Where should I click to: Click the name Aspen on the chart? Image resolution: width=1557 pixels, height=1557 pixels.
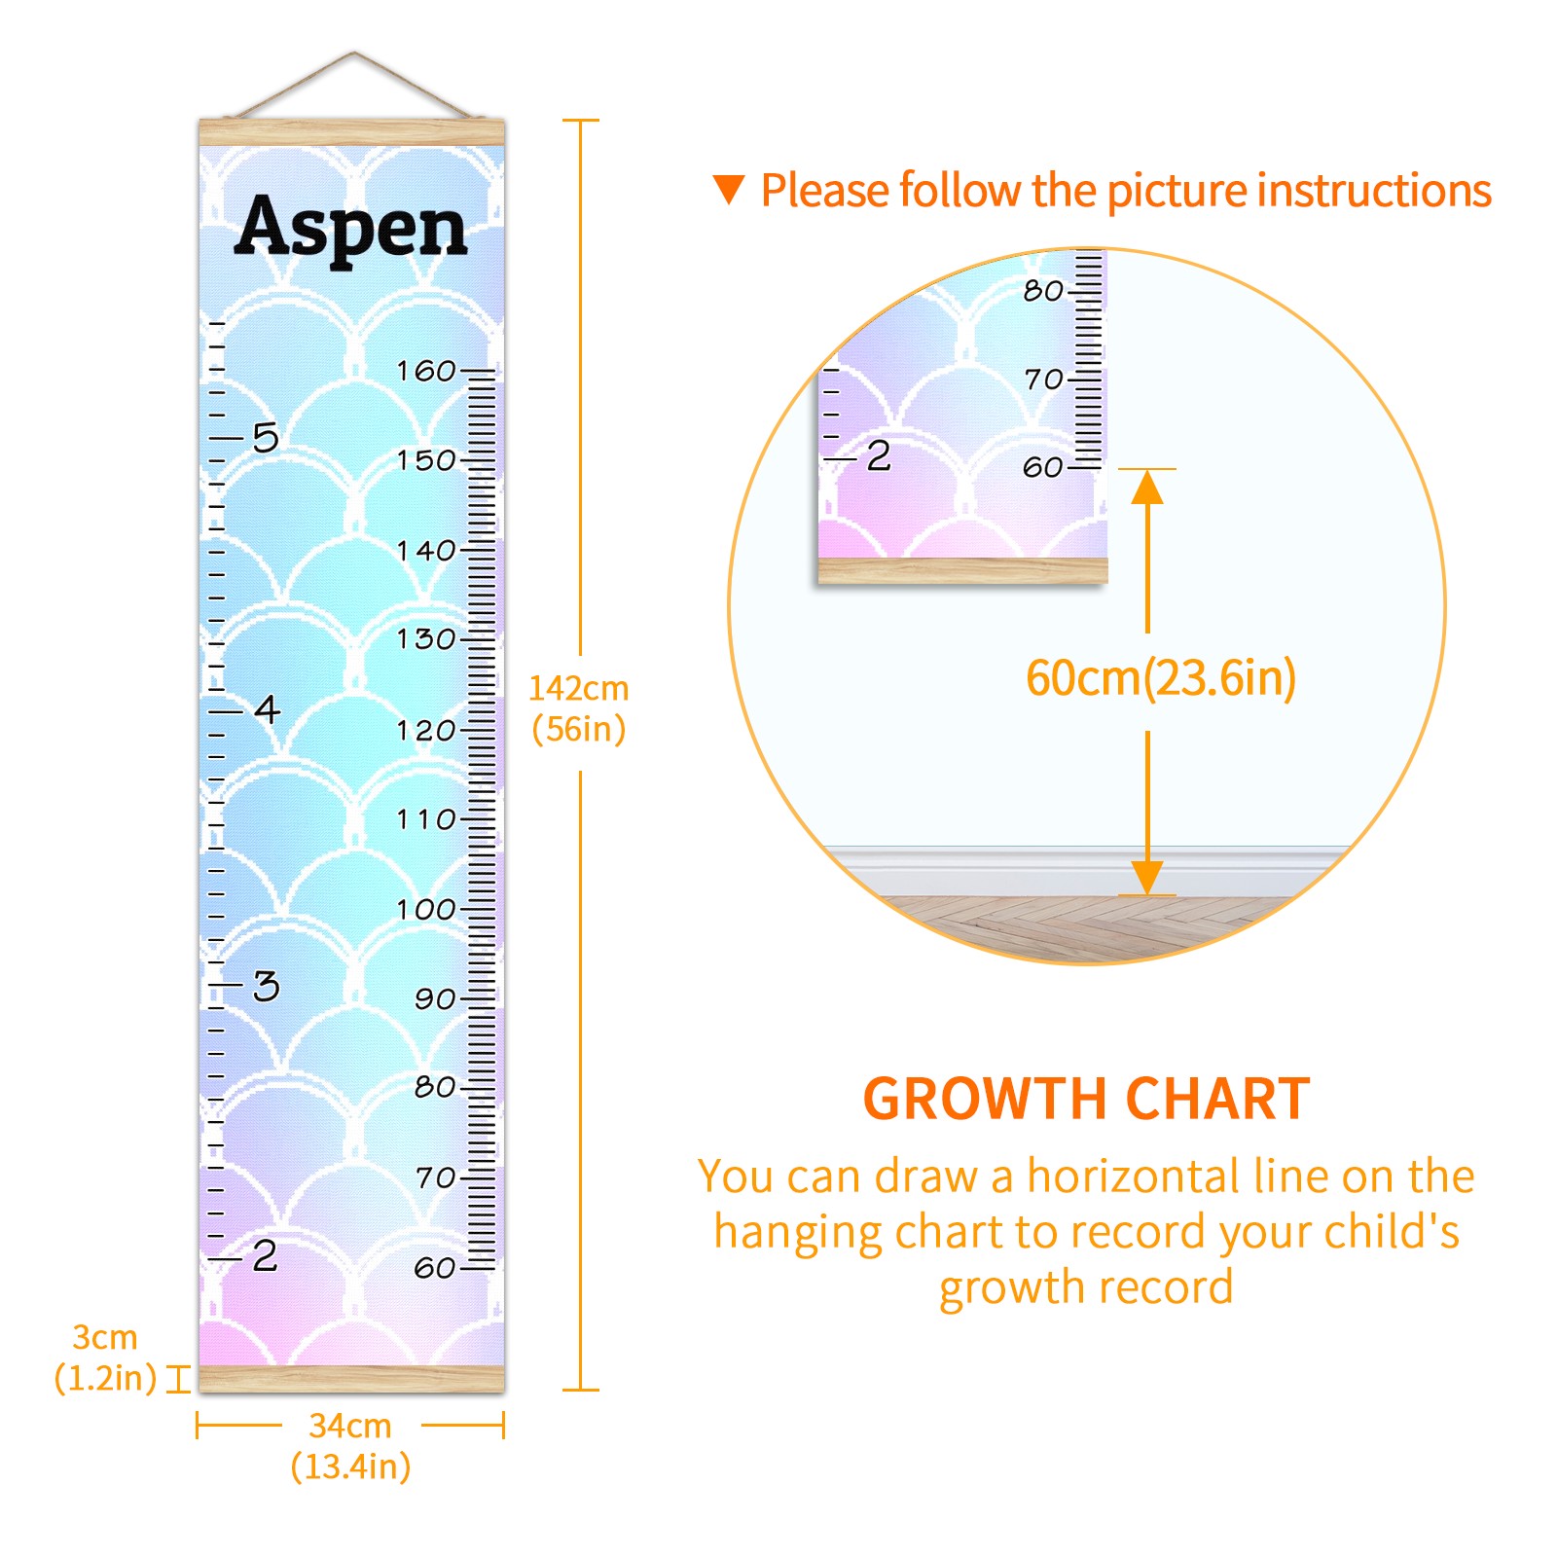tap(351, 228)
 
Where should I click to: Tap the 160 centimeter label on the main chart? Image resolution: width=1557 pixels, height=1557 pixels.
tap(426, 371)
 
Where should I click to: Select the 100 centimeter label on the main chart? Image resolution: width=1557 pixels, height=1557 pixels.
tap(426, 910)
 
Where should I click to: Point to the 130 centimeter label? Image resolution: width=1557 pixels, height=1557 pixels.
tap(426, 639)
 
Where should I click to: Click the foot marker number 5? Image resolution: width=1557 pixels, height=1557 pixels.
tap(266, 437)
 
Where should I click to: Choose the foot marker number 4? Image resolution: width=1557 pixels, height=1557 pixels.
tap(267, 708)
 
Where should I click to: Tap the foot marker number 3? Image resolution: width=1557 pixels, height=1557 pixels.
tap(266, 986)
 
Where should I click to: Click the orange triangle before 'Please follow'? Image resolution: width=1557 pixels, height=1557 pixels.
tap(728, 189)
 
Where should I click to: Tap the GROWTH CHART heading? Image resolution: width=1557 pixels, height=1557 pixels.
tap(1086, 1100)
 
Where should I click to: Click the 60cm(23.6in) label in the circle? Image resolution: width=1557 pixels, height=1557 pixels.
tap(1161, 677)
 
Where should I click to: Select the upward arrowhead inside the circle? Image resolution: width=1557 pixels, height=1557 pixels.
tap(1147, 486)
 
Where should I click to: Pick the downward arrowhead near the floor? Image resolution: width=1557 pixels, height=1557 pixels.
tap(1147, 877)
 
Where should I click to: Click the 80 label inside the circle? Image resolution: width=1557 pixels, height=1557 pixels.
tap(1043, 290)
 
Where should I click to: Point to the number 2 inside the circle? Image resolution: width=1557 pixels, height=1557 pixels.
tap(879, 455)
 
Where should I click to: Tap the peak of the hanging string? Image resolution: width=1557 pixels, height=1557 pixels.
tap(354, 52)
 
